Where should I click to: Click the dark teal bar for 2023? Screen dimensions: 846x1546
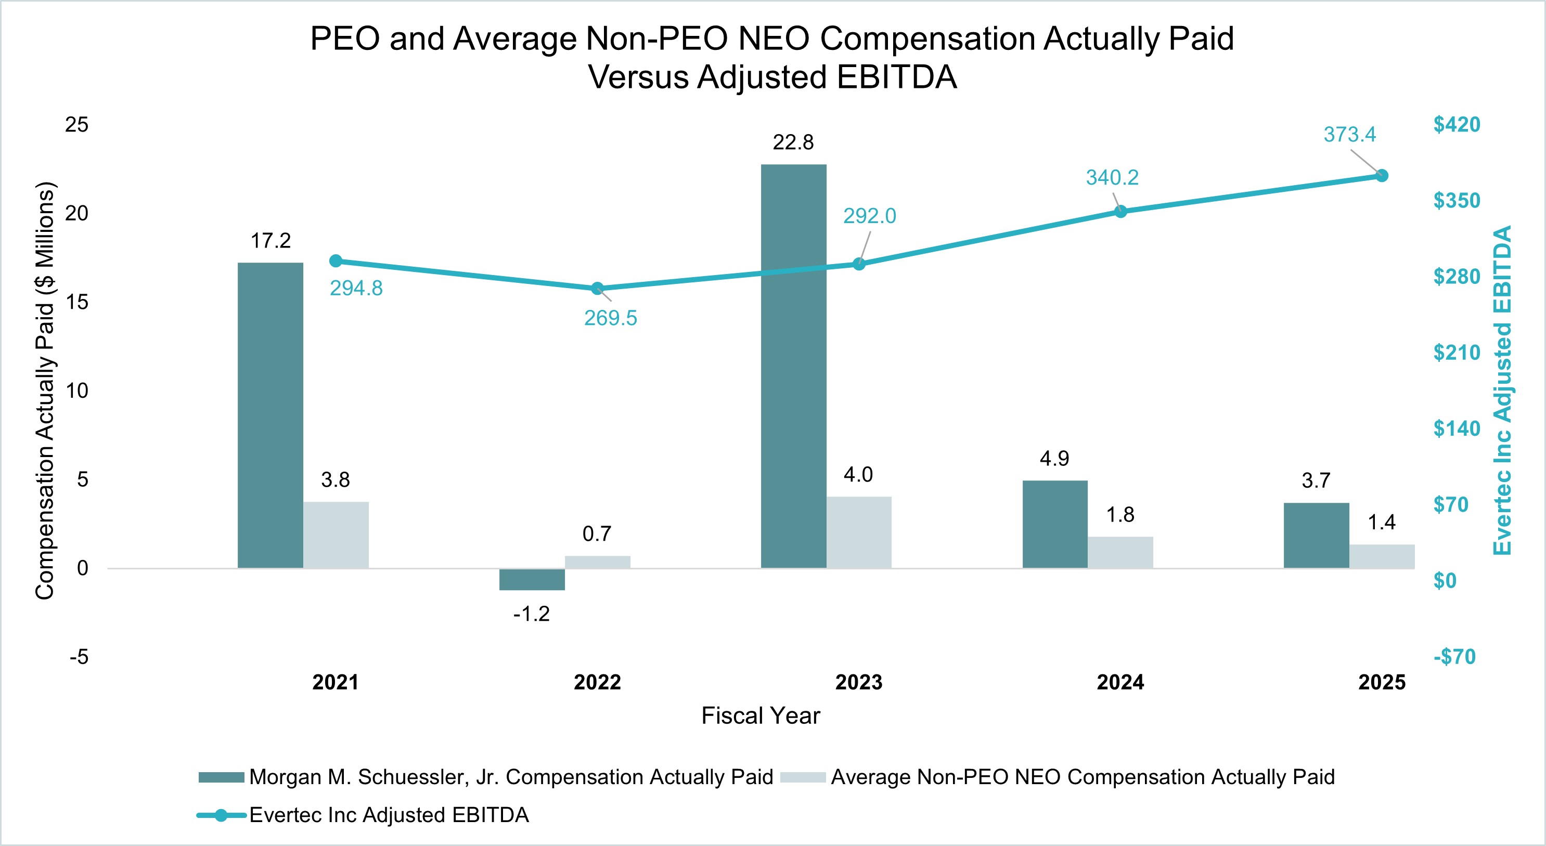click(x=793, y=366)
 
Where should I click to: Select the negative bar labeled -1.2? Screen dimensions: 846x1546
click(x=532, y=580)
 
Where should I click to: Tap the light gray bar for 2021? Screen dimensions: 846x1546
click(x=336, y=535)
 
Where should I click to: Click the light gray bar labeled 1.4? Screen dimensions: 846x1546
click(x=1382, y=556)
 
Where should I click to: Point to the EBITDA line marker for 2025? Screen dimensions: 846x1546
click(x=1382, y=176)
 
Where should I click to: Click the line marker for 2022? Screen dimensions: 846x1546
click(x=597, y=289)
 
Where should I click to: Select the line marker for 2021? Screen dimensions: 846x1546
click(x=336, y=261)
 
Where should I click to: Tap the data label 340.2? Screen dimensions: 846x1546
click(x=1112, y=178)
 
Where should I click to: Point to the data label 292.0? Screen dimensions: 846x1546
click(x=869, y=216)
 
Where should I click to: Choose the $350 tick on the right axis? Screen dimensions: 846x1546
click(x=1457, y=200)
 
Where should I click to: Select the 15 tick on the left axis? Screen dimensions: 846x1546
click(x=77, y=302)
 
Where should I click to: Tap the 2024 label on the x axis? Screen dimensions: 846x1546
click(x=1120, y=682)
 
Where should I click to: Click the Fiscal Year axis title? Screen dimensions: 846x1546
click(x=761, y=716)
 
